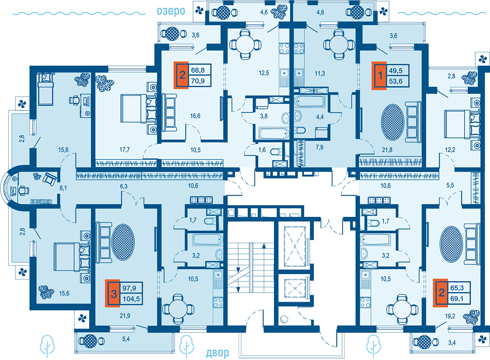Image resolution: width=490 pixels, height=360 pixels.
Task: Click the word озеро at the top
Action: [171, 11]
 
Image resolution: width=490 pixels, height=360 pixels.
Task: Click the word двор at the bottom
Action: [217, 353]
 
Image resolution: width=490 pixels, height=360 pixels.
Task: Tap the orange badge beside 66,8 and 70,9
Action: [181, 75]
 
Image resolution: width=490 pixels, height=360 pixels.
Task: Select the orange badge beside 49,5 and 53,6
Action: [379, 76]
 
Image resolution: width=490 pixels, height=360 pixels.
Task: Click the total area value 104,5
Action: [131, 299]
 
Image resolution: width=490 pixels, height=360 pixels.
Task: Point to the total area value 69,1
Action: [457, 299]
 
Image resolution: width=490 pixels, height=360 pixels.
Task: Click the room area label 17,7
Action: [124, 150]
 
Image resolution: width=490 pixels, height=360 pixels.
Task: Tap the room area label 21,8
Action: [387, 150]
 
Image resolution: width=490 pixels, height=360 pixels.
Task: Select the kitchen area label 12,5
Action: [264, 73]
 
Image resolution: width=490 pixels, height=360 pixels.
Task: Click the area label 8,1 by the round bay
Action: [63, 188]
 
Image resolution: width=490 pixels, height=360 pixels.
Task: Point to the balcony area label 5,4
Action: [126, 339]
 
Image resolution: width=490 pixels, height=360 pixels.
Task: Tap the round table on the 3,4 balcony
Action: [424, 342]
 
